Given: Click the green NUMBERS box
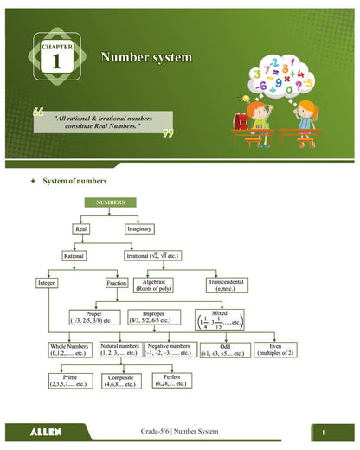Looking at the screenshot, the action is click(x=111, y=202).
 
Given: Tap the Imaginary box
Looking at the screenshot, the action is click(x=139, y=229).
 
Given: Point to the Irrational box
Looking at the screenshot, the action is click(x=160, y=256).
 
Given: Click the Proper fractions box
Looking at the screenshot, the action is click(x=95, y=317).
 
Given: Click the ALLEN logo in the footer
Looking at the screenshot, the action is click(x=45, y=431).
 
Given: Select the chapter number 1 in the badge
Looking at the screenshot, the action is click(x=56, y=61).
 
